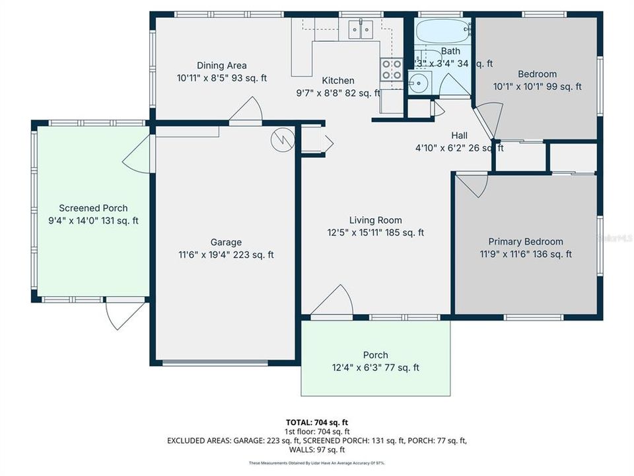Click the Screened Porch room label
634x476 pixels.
tap(93, 208)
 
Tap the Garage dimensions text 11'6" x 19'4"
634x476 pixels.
tap(227, 255)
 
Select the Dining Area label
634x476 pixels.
tap(221, 65)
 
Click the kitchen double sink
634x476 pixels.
tap(361, 30)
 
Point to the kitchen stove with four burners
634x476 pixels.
tap(391, 70)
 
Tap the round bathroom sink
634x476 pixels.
tap(416, 83)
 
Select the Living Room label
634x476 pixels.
tap(375, 220)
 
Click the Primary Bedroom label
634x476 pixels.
tap(525, 242)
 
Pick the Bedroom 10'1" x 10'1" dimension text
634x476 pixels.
tap(538, 87)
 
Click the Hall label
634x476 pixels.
tap(460, 136)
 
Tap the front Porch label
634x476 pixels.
tap(375, 355)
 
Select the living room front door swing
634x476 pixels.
tap(334, 303)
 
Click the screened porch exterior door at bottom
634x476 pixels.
tap(123, 313)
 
